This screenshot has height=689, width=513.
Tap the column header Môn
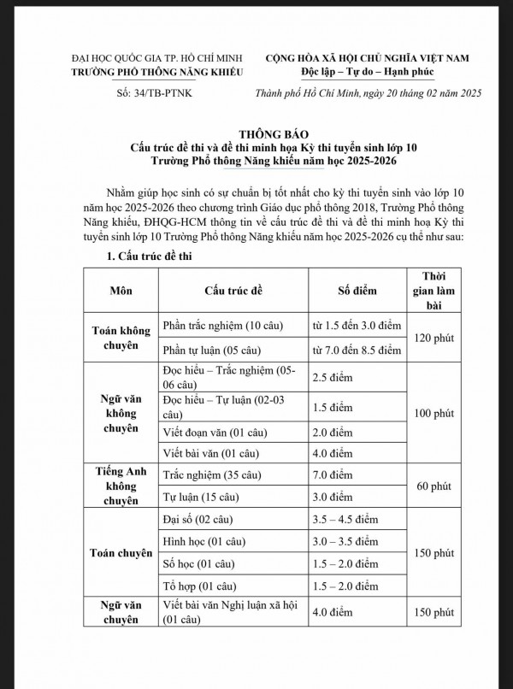(x=121, y=290)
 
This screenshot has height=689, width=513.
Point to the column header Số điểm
(x=357, y=290)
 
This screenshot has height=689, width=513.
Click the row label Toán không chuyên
(x=121, y=338)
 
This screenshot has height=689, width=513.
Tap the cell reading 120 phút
(x=433, y=338)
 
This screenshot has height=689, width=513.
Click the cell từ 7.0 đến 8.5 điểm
(x=357, y=350)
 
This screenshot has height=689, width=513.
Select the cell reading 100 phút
(x=433, y=413)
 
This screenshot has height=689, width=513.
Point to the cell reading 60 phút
(x=433, y=486)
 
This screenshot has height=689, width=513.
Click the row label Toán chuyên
(x=121, y=552)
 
